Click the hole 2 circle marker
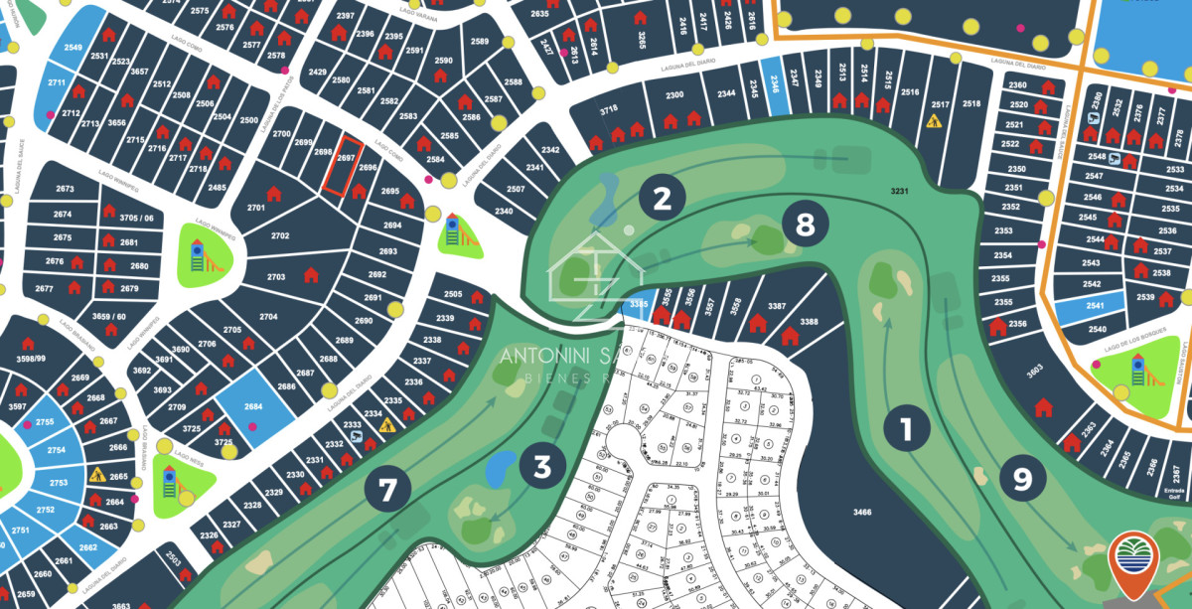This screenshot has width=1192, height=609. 662,199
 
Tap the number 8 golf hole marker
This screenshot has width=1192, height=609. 805,226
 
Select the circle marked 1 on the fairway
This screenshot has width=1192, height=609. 905,430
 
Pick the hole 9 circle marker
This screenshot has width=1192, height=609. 1022,479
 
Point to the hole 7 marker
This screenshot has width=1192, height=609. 387,489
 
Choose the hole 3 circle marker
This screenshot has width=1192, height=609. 542,465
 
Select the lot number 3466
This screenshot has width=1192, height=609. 861,512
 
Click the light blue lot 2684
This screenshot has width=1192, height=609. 252,405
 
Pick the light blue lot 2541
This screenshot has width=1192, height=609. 1096,307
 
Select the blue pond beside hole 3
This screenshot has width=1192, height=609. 501,464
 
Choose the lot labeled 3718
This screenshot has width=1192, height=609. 609,110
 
